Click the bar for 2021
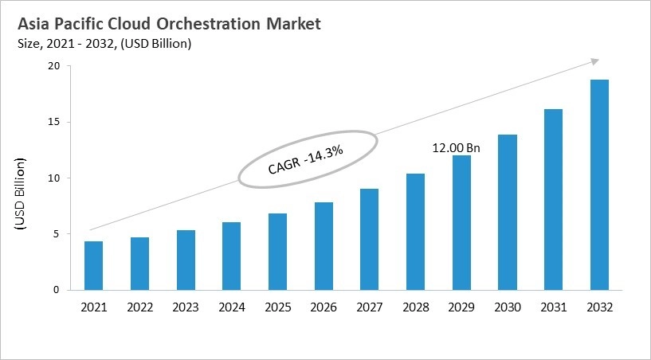tap(93, 266)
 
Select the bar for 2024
tap(231, 256)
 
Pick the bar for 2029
tap(461, 223)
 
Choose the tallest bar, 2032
tap(599, 185)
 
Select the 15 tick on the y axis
tap(53, 123)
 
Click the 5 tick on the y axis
tap(56, 234)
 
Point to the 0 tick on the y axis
tap(56, 290)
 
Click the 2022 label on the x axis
tap(139, 307)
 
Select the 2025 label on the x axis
tap(277, 307)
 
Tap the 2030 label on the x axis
tap(508, 307)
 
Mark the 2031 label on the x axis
tap(553, 307)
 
